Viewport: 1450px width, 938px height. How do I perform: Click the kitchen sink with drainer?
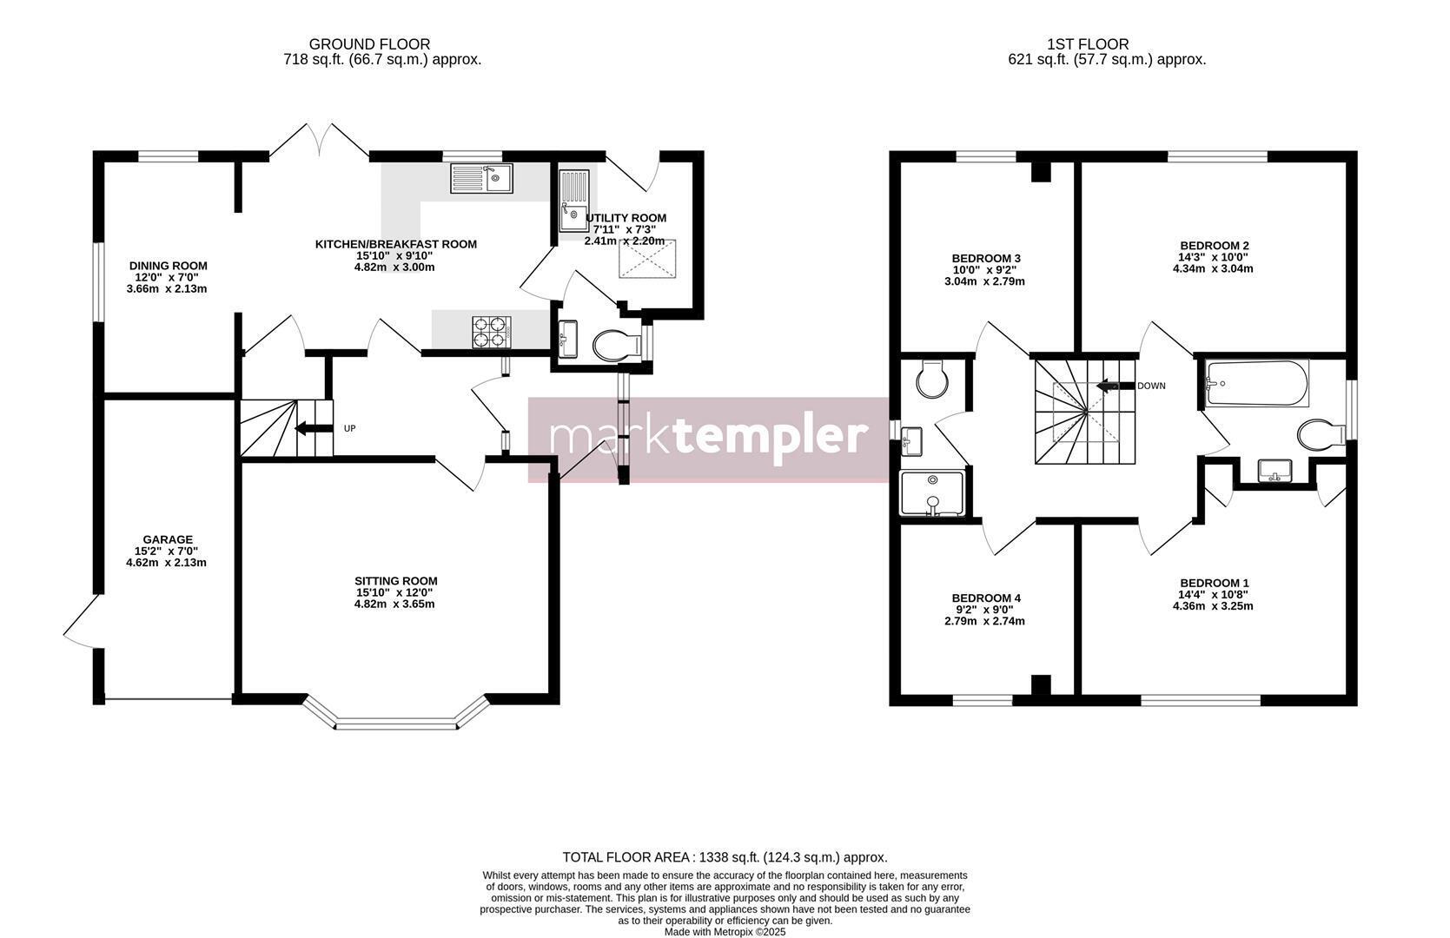pos(481,178)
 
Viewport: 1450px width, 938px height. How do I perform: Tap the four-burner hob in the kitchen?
pos(492,332)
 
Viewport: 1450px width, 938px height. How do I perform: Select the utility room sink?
pos(574,201)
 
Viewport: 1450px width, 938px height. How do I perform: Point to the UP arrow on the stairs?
pos(312,428)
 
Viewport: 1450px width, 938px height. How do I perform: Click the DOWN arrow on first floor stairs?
pos(1115,386)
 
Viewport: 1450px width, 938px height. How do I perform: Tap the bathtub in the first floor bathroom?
pos(1256,383)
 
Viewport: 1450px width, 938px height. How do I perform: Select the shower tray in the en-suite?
pos(932,493)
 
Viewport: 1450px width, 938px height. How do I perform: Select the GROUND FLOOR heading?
pos(369,44)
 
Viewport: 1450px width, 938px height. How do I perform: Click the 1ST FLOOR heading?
pos(1088,44)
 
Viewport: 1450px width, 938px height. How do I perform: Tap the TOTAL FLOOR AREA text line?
pos(725,857)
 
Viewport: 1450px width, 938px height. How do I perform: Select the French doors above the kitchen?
pos(319,140)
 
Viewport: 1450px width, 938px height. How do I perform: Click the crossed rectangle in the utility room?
pos(648,258)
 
